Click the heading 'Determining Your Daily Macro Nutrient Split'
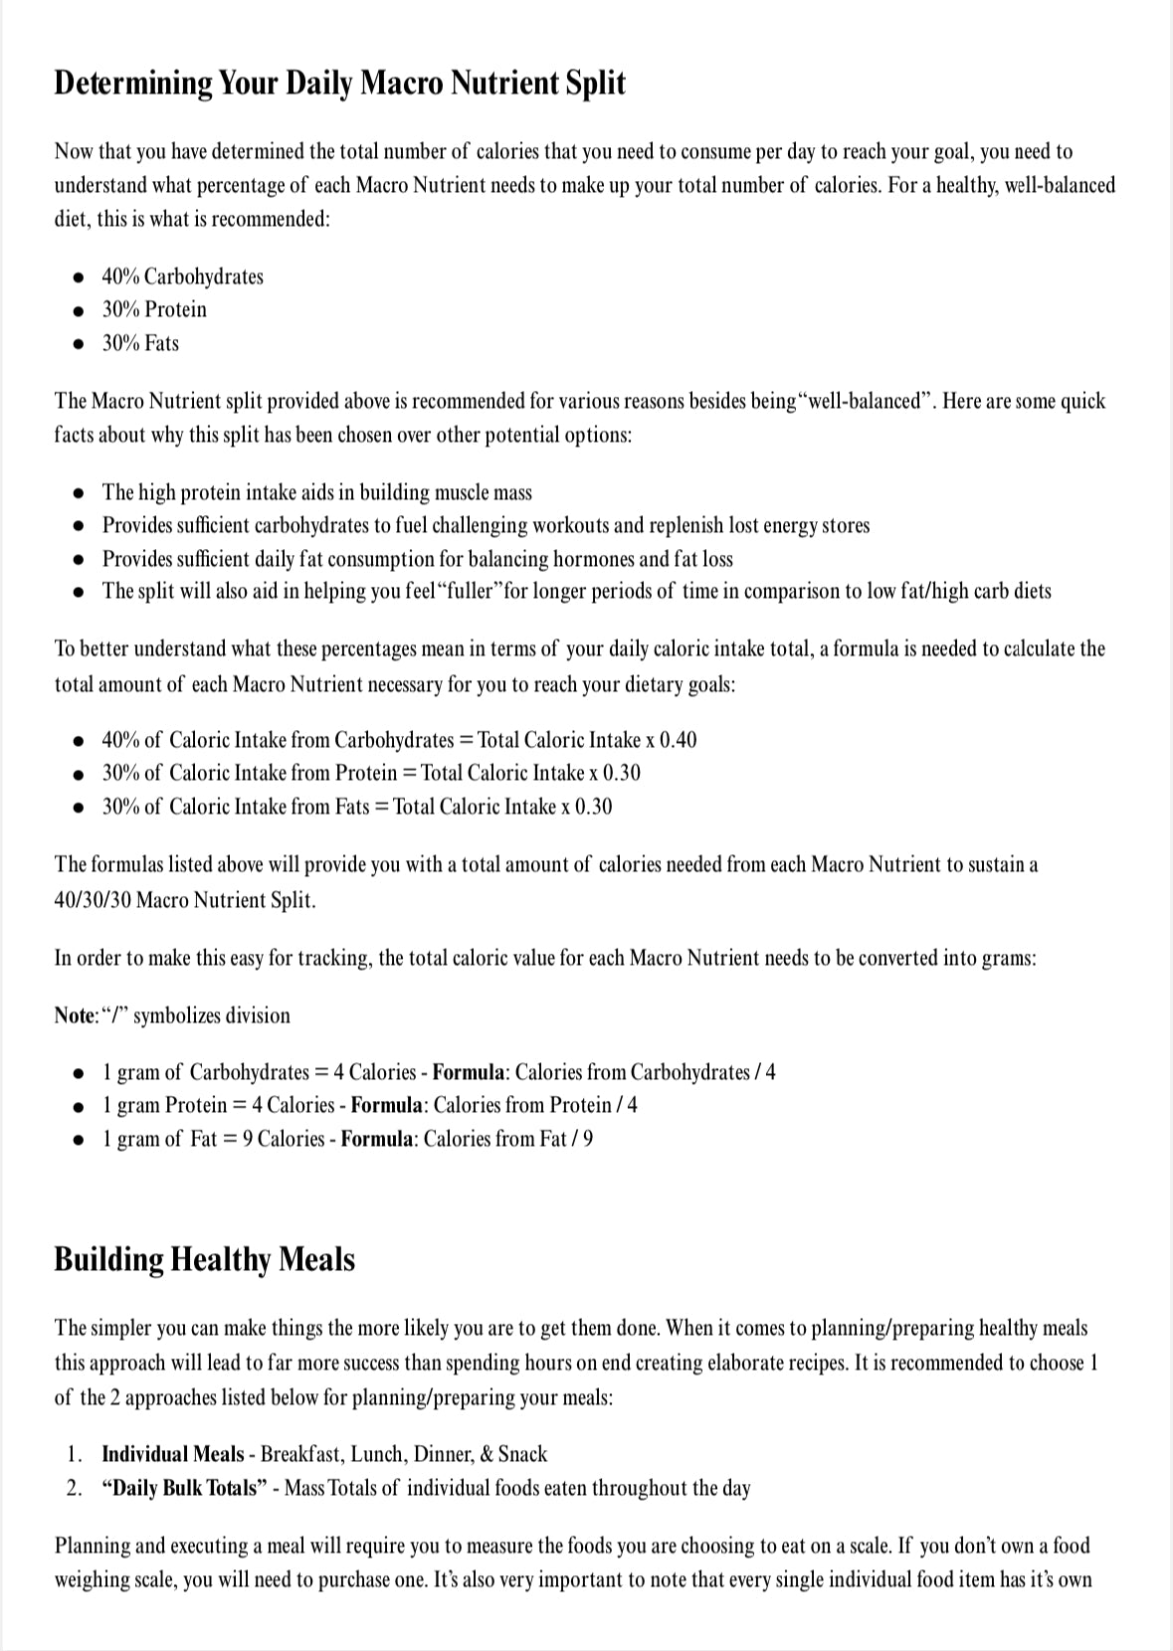click(x=339, y=83)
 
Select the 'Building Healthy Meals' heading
click(x=204, y=1259)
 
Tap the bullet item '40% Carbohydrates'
click(x=182, y=276)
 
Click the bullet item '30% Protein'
click(x=154, y=309)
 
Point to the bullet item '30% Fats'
click(x=140, y=343)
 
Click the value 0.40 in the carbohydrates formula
click(x=678, y=740)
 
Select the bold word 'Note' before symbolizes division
click(x=74, y=1015)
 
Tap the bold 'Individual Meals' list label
click(x=172, y=1454)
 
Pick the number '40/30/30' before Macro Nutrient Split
click(x=93, y=900)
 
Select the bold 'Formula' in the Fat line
click(x=376, y=1139)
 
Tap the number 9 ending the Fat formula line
click(x=588, y=1139)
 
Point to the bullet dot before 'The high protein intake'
click(x=79, y=493)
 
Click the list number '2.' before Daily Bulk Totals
click(x=75, y=1488)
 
